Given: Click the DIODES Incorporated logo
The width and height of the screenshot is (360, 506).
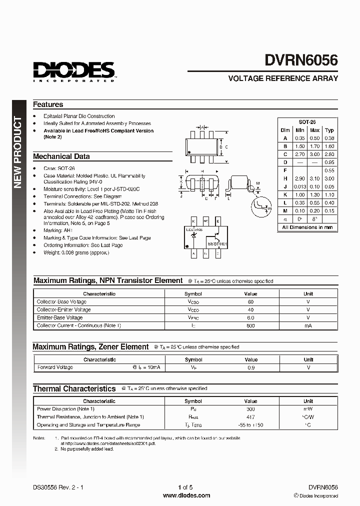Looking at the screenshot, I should point(74,71).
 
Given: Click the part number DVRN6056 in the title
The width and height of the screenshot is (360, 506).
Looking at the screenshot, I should point(301,60).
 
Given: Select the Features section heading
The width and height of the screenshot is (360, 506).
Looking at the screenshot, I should point(48,104).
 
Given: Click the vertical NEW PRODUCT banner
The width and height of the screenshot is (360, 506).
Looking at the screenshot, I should point(18,152).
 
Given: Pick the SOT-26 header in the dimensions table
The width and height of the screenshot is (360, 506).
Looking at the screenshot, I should point(307,122).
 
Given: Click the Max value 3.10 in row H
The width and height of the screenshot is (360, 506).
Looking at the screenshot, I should point(314,178).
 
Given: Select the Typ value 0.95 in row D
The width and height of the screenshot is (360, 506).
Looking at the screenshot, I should point(329,162).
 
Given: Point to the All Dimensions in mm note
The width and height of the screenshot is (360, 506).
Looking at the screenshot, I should point(307,227).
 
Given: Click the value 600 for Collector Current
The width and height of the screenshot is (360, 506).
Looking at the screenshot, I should point(250,325).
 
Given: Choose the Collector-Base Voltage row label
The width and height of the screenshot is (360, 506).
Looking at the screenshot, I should point(61,302).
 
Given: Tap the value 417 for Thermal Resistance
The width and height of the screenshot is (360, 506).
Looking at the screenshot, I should point(250,417).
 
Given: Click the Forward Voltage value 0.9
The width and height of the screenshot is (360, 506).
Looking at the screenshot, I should point(250,367).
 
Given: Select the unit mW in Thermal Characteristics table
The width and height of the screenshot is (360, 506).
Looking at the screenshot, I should point(308,409).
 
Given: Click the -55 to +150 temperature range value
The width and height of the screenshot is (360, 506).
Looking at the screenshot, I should point(250,425).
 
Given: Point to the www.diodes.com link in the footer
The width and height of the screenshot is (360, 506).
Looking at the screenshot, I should point(187,495).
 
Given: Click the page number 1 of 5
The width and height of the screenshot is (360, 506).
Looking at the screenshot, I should point(185,487).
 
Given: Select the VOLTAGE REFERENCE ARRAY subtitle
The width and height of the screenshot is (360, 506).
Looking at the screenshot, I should point(283,78).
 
